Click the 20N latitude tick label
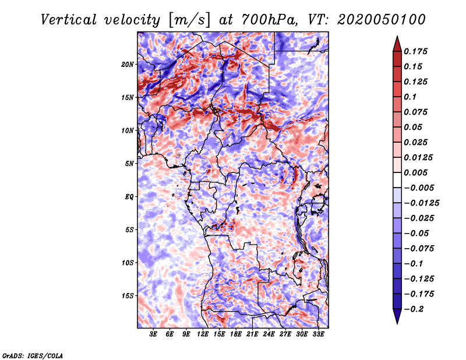(x=127, y=65)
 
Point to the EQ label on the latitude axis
(x=129, y=197)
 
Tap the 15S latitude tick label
(x=127, y=296)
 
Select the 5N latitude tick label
(x=129, y=164)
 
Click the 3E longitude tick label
(x=153, y=334)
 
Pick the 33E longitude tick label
(x=318, y=334)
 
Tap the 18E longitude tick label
(x=236, y=334)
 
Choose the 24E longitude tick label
(x=269, y=334)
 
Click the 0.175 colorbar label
(x=416, y=51)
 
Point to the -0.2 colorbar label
(x=414, y=309)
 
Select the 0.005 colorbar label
(x=416, y=172)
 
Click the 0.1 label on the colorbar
(x=410, y=97)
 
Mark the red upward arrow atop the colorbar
(x=397, y=44)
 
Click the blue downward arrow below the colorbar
(x=397, y=316)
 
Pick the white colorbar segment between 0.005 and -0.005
(x=397, y=180)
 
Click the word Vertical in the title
(x=69, y=20)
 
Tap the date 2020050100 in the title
(x=382, y=20)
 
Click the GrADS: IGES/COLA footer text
(x=33, y=355)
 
